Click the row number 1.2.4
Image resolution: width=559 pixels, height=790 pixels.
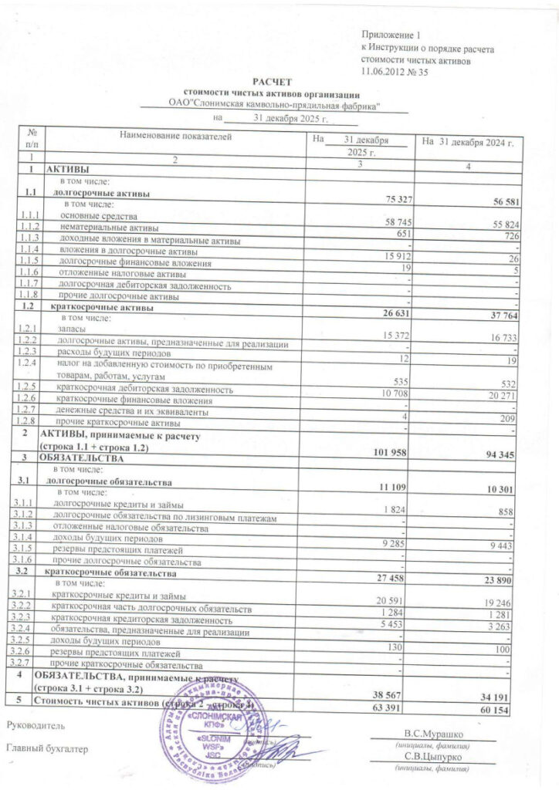pos(31,362)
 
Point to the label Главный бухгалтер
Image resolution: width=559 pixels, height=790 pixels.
pos(47,748)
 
